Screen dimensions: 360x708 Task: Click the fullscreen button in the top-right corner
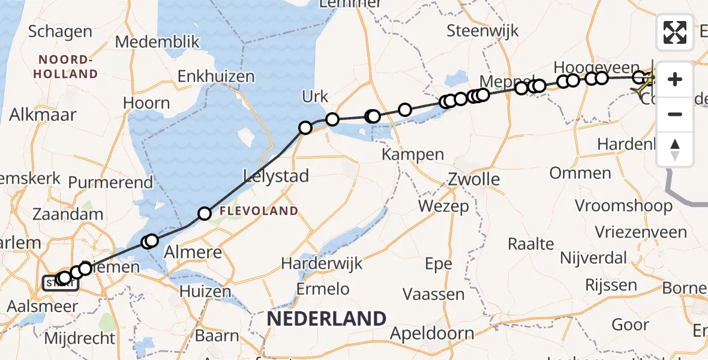675,32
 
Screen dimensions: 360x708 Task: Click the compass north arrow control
675,149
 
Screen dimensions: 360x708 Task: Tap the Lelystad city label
276,176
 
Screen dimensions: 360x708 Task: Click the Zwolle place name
474,179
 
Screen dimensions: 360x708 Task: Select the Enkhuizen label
216,77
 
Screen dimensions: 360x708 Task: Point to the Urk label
316,96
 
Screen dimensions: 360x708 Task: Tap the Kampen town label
414,155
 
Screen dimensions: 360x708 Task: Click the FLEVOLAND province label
259,211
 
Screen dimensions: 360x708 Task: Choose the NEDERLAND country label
327,319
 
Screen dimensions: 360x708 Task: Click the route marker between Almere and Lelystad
205,213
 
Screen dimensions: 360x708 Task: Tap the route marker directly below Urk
305,127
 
